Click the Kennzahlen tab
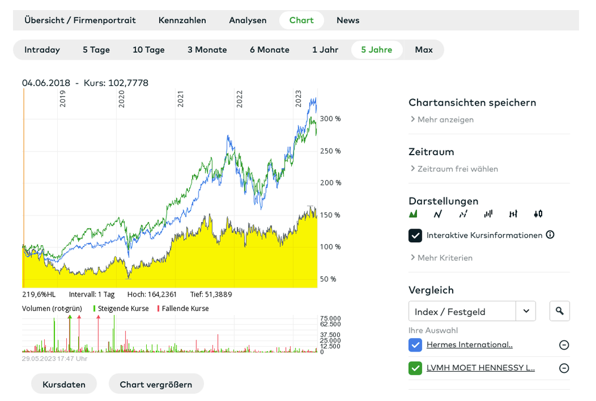(182, 20)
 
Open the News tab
(348, 20)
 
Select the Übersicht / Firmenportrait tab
(80, 20)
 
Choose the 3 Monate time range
(207, 50)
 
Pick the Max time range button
(424, 50)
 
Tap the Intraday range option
(42, 50)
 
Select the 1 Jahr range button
(325, 50)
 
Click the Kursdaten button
(64, 384)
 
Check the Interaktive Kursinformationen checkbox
(415, 235)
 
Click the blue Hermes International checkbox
(415, 345)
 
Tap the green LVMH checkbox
(415, 368)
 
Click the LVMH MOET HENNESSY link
(480, 368)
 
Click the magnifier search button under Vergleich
(559, 311)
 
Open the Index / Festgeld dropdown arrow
(526, 311)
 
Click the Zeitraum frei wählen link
(458, 169)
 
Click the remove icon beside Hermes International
(564, 345)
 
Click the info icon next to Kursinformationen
(550, 235)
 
